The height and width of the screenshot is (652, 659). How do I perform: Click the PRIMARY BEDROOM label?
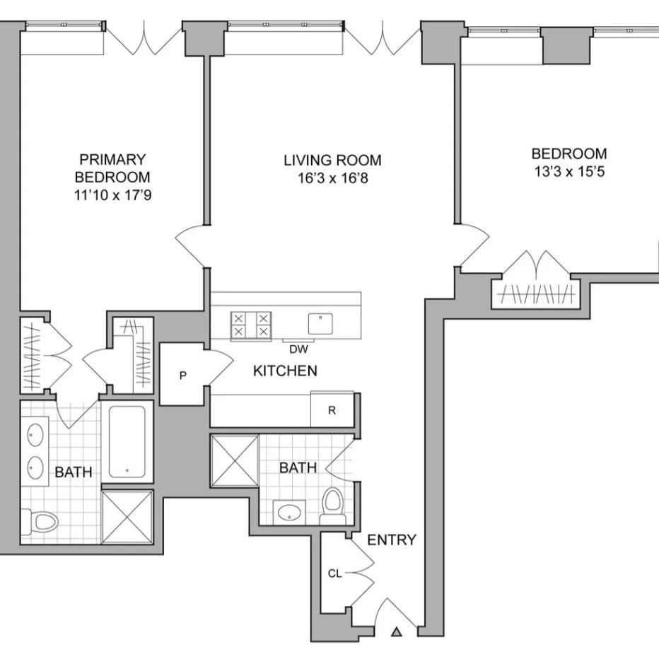(112, 168)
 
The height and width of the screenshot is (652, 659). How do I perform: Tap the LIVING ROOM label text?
(332, 161)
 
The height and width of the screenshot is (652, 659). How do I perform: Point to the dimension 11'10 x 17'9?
(112, 194)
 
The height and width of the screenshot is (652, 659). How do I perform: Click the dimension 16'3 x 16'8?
(332, 178)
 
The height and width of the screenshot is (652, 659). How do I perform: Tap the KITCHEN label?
(285, 371)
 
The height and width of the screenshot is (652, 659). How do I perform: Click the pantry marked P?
(182, 375)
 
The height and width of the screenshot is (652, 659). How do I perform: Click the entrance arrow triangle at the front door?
(397, 631)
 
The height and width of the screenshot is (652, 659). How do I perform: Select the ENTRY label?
(392, 540)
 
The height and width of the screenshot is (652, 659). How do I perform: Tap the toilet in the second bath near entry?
(332, 505)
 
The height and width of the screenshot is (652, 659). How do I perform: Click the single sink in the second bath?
(288, 512)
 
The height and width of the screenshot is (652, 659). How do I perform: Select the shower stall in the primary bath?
(127, 517)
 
